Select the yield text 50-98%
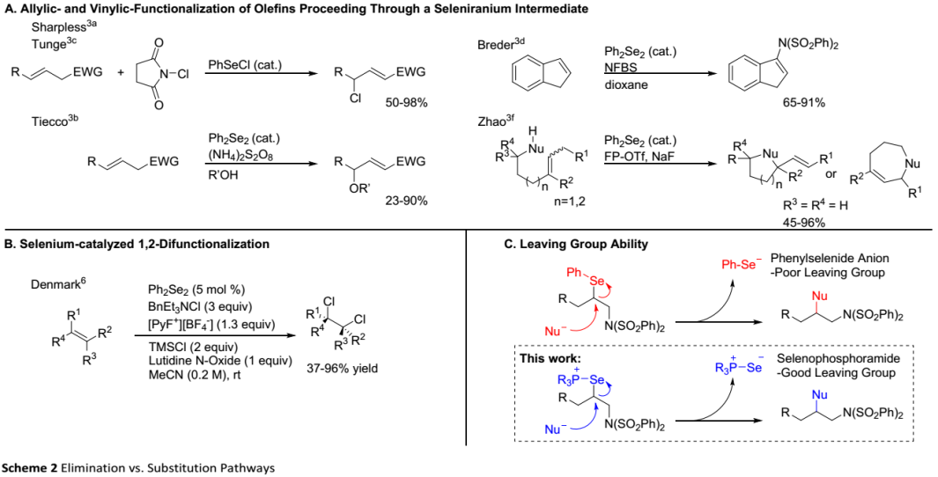click(x=407, y=103)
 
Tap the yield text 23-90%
click(x=407, y=201)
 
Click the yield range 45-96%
click(x=803, y=223)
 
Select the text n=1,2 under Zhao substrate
click(x=570, y=202)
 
